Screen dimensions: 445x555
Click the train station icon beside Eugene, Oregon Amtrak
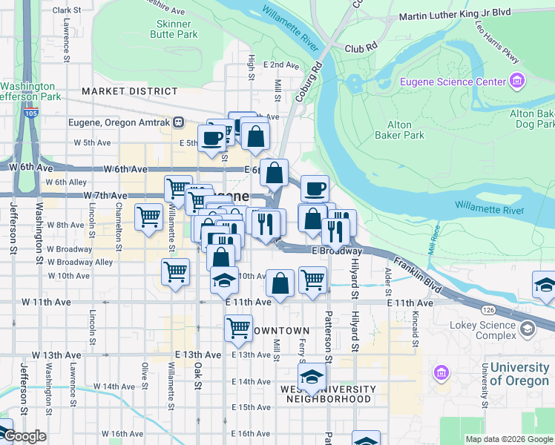coord(179,122)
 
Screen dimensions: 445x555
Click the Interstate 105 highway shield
coord(30,113)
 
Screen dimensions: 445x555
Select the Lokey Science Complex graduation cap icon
coord(527,327)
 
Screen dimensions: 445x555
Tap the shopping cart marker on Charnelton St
coord(148,217)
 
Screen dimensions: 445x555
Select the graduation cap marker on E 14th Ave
coord(312,375)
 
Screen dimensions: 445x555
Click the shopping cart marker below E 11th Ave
coord(238,327)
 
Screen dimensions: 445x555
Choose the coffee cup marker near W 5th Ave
coord(211,137)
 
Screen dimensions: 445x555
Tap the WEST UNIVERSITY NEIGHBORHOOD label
coord(326,394)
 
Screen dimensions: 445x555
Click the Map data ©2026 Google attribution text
coord(508,439)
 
